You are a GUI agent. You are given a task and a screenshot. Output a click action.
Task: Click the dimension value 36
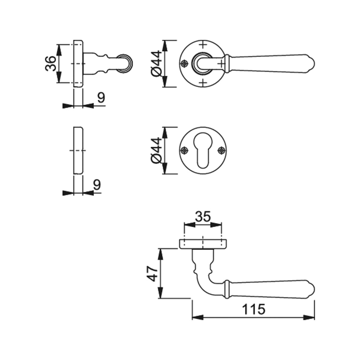click(51, 64)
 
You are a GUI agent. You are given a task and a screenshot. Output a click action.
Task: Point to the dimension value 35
click(203, 217)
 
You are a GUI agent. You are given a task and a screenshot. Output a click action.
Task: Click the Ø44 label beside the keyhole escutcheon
click(156, 151)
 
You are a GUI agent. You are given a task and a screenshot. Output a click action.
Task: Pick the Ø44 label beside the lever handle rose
click(156, 64)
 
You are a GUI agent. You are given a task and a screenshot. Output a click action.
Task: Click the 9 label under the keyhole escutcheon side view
click(97, 185)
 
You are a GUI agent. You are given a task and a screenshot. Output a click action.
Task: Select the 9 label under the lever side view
click(101, 97)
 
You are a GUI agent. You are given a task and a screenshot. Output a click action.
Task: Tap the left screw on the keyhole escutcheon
click(184, 150)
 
